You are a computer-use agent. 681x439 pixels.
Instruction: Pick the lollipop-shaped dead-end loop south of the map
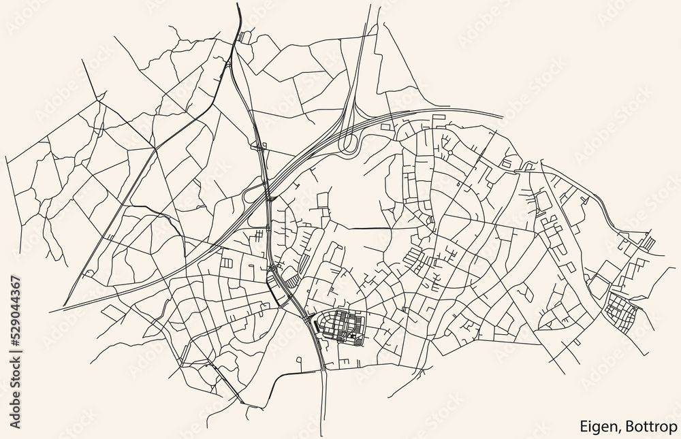(x=298, y=360)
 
